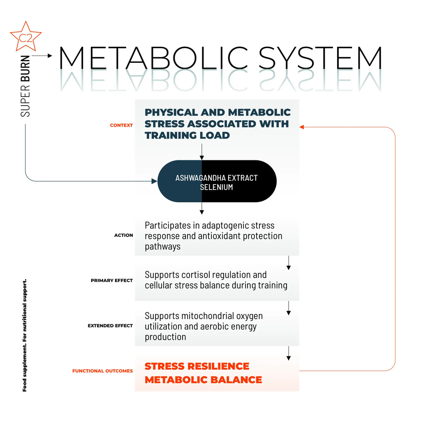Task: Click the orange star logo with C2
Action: [x=25, y=37]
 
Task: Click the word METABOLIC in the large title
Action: [x=153, y=58]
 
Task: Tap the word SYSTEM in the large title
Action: [x=320, y=58]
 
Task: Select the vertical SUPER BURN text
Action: [x=25, y=86]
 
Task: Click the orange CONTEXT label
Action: [x=121, y=125]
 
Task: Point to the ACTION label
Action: [x=123, y=235]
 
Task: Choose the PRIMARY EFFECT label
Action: [x=112, y=280]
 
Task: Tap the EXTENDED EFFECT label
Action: [x=110, y=326]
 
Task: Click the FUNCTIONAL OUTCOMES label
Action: [x=102, y=371]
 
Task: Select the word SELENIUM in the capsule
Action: [x=216, y=187]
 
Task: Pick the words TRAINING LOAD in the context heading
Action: [x=187, y=135]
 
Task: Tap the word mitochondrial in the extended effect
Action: [x=208, y=316]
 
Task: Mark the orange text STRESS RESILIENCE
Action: [x=197, y=366]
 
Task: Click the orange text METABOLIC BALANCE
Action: [x=203, y=379]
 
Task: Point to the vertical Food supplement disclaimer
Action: [x=25, y=335]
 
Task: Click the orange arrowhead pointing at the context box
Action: [x=301, y=127]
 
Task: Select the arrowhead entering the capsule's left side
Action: [x=155, y=181]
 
